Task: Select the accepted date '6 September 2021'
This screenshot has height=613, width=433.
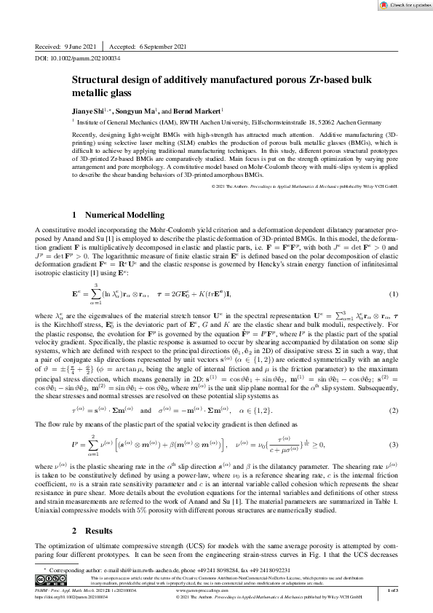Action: [171, 46]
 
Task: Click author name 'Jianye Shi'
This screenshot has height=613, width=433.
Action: [90, 109]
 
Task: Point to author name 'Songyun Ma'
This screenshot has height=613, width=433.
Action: [135, 109]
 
